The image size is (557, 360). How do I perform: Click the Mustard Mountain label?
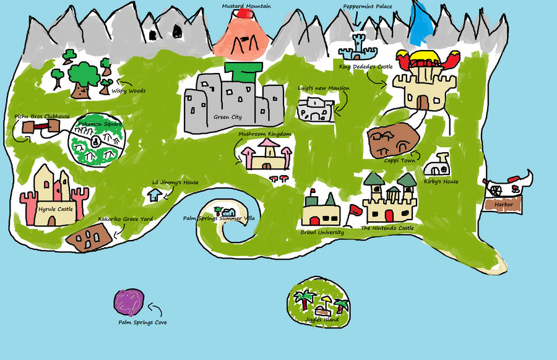pos(246,6)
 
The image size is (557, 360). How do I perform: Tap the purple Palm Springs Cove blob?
pos(130,301)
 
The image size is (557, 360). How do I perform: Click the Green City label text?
pos(227,118)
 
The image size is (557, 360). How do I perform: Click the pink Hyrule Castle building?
pos(53,195)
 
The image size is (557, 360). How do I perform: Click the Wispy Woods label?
pos(128,90)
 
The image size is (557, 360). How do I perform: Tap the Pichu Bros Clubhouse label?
pos(42,116)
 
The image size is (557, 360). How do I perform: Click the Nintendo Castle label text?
pos(387,228)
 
